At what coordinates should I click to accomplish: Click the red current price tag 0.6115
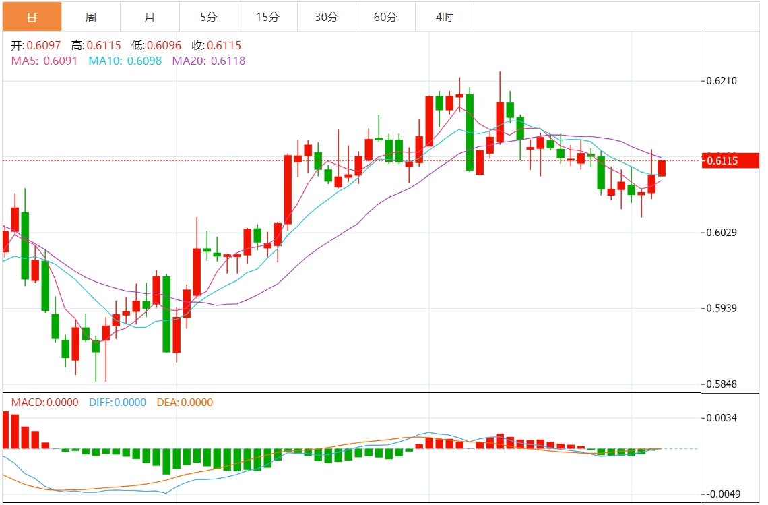tap(730, 160)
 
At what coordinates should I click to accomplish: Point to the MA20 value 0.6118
tap(228, 61)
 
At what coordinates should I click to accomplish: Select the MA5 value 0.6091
tap(61, 61)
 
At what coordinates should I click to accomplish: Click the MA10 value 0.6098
tap(144, 61)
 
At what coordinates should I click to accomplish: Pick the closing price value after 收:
tap(225, 46)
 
